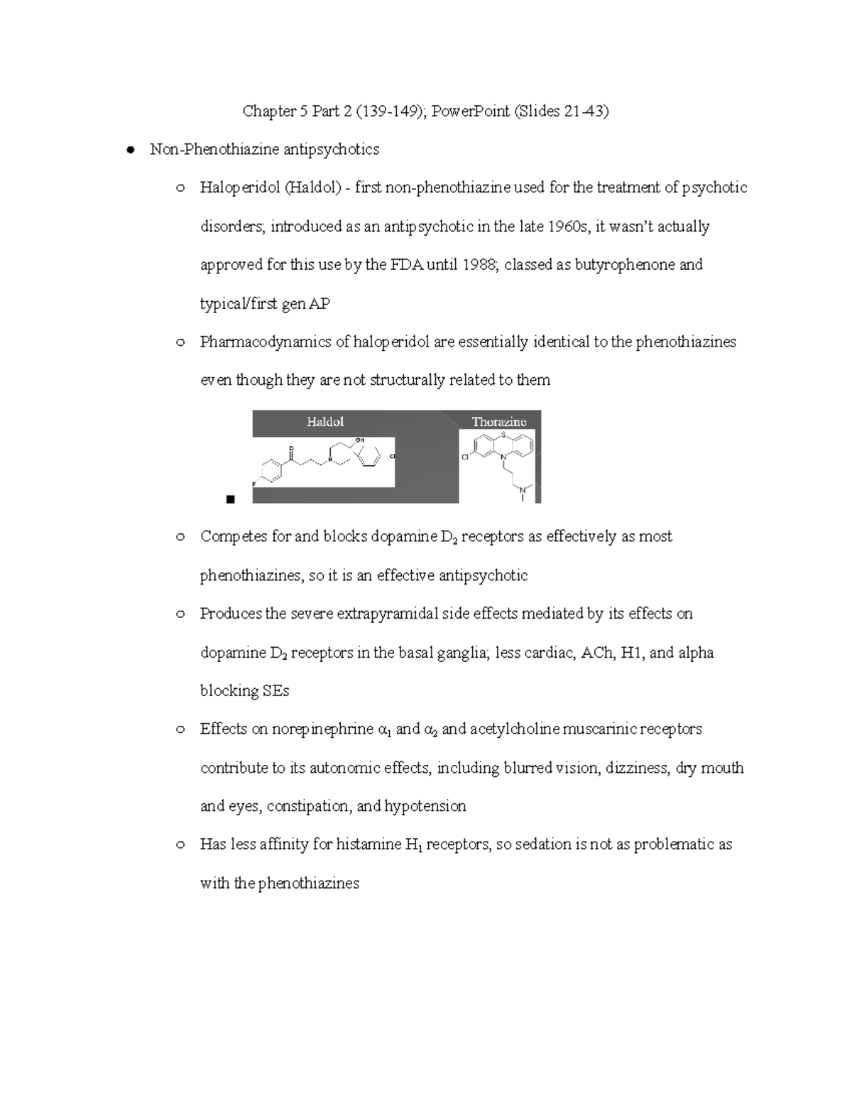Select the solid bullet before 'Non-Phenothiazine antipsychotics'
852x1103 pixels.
[x=131, y=150]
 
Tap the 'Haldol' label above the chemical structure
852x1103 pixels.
[x=325, y=422]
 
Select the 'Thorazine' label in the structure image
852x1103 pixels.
[x=499, y=422]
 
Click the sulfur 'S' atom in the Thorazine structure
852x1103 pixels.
[x=503, y=434]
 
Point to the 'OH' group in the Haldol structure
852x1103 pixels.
[x=359, y=440]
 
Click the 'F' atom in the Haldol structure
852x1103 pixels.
[x=255, y=483]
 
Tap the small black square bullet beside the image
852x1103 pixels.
[x=229, y=499]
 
